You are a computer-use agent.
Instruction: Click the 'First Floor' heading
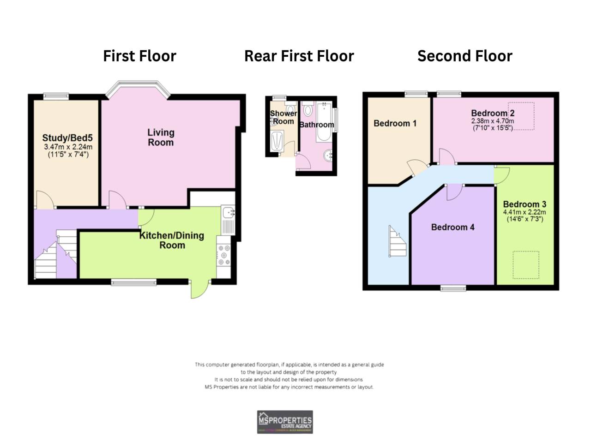(139, 56)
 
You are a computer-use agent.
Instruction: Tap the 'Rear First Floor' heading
(299, 56)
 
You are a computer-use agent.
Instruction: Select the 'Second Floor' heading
(464, 56)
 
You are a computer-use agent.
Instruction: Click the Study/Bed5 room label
(67, 138)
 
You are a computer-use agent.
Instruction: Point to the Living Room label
(161, 138)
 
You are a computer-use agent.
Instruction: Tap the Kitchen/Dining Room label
(172, 240)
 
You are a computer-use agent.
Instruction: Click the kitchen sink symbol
(229, 213)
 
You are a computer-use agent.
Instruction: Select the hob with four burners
(224, 255)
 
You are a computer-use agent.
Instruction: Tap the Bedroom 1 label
(395, 123)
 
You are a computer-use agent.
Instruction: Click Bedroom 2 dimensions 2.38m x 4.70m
(493, 121)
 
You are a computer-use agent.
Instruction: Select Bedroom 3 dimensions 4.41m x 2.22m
(524, 212)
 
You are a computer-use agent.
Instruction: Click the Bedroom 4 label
(452, 227)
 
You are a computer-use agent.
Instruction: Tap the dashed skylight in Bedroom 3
(525, 265)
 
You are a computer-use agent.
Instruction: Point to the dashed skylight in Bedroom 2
(521, 116)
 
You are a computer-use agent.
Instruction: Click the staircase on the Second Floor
(397, 241)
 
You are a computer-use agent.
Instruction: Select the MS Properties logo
(285, 422)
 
